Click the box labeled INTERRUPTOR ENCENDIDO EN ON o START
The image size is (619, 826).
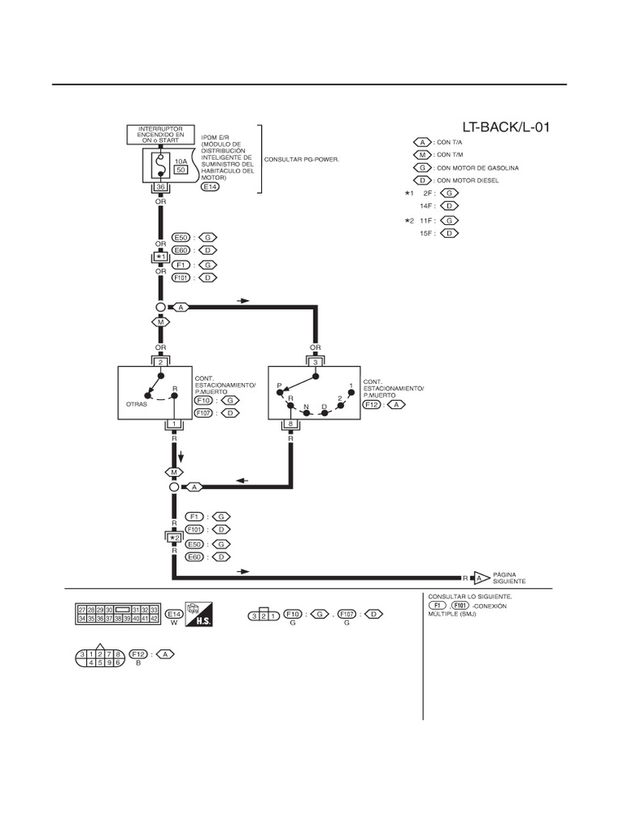tap(160, 134)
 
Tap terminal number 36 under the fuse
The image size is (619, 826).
tap(160, 187)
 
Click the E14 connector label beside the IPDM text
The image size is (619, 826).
tap(209, 187)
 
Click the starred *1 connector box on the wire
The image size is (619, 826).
tap(160, 257)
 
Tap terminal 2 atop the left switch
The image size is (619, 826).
tap(160, 362)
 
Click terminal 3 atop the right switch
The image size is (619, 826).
tap(315, 362)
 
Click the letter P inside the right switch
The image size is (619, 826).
tap(279, 386)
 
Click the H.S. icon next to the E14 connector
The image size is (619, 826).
tap(197, 616)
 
